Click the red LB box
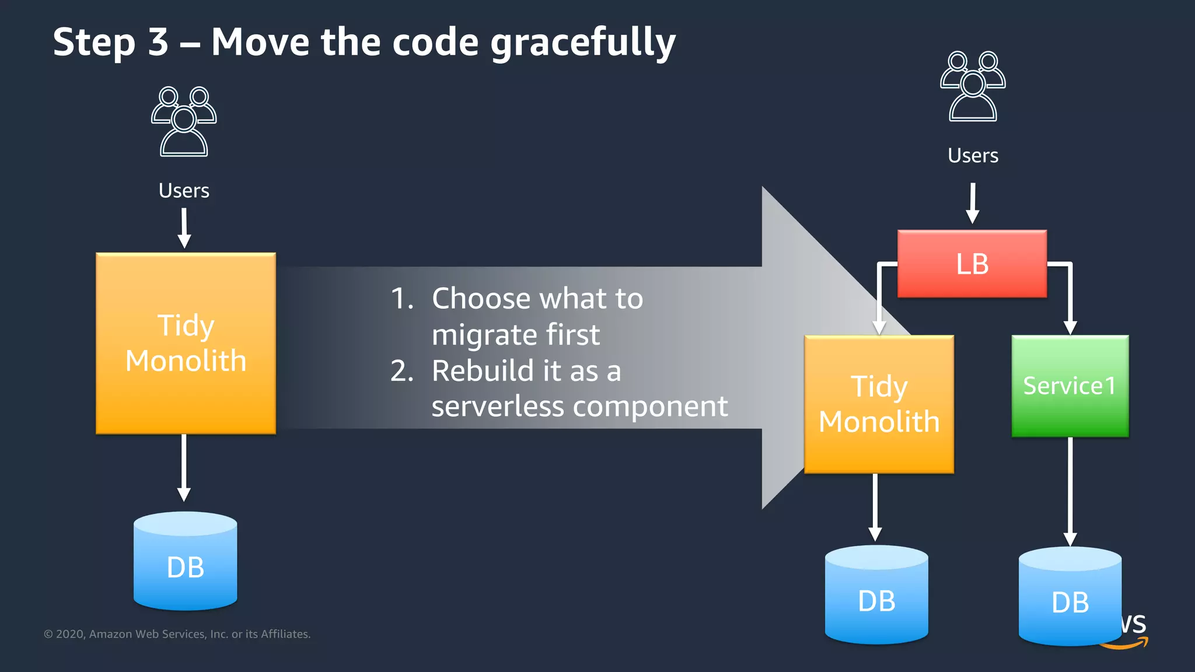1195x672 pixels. coord(972,264)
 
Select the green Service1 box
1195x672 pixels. coord(1070,386)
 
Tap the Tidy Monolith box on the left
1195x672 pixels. coord(186,343)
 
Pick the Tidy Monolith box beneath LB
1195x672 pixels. coord(879,404)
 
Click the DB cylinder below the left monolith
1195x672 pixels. coord(185,562)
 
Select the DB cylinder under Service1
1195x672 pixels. coord(1070,597)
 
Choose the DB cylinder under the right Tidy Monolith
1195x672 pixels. coord(876,595)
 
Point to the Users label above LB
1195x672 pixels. coord(973,156)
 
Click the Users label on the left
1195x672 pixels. coord(184,191)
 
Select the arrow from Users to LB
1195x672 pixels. coord(973,203)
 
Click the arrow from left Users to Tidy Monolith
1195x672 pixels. coord(184,228)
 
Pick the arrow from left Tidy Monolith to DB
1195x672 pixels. coord(184,467)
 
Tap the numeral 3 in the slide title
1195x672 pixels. coord(158,42)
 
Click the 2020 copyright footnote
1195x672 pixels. coord(177,634)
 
